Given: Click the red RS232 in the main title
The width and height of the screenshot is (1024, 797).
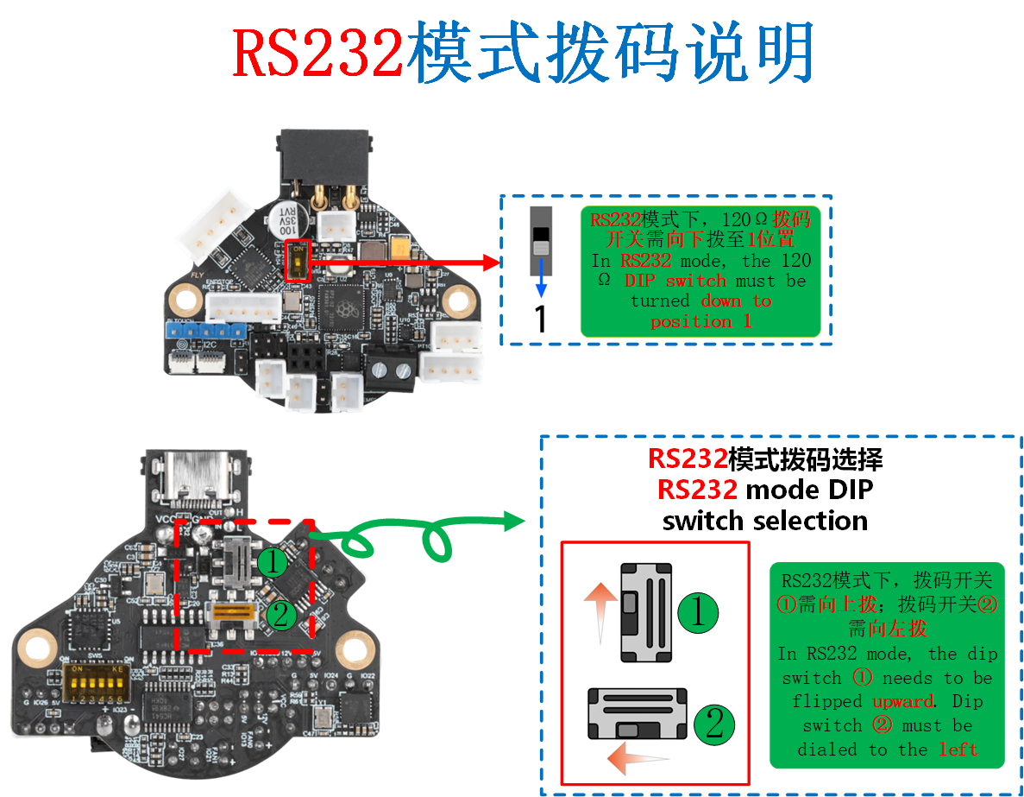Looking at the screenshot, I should pyautogui.click(x=318, y=53).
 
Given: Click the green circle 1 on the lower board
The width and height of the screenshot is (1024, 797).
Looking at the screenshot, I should pyautogui.click(x=273, y=563).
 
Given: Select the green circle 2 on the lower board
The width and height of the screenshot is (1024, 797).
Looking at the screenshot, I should pyautogui.click(x=280, y=615).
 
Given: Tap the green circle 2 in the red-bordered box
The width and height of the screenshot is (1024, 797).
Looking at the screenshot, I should pyautogui.click(x=714, y=724).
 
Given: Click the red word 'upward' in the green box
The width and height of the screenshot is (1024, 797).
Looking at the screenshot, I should pyautogui.click(x=902, y=701).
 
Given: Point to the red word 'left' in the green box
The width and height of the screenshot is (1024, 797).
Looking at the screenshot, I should pyautogui.click(x=958, y=749).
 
